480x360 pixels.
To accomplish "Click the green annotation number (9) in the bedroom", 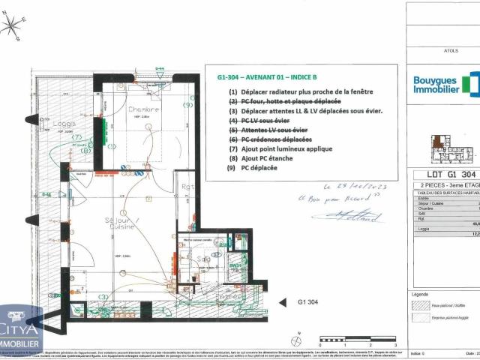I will pyautogui.click(x=187, y=105).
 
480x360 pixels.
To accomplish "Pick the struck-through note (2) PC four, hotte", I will pyautogui.click(x=285, y=101).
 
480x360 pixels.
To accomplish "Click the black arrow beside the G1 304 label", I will pyautogui.click(x=283, y=302).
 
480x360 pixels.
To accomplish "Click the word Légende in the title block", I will pyautogui.click(x=420, y=294).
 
